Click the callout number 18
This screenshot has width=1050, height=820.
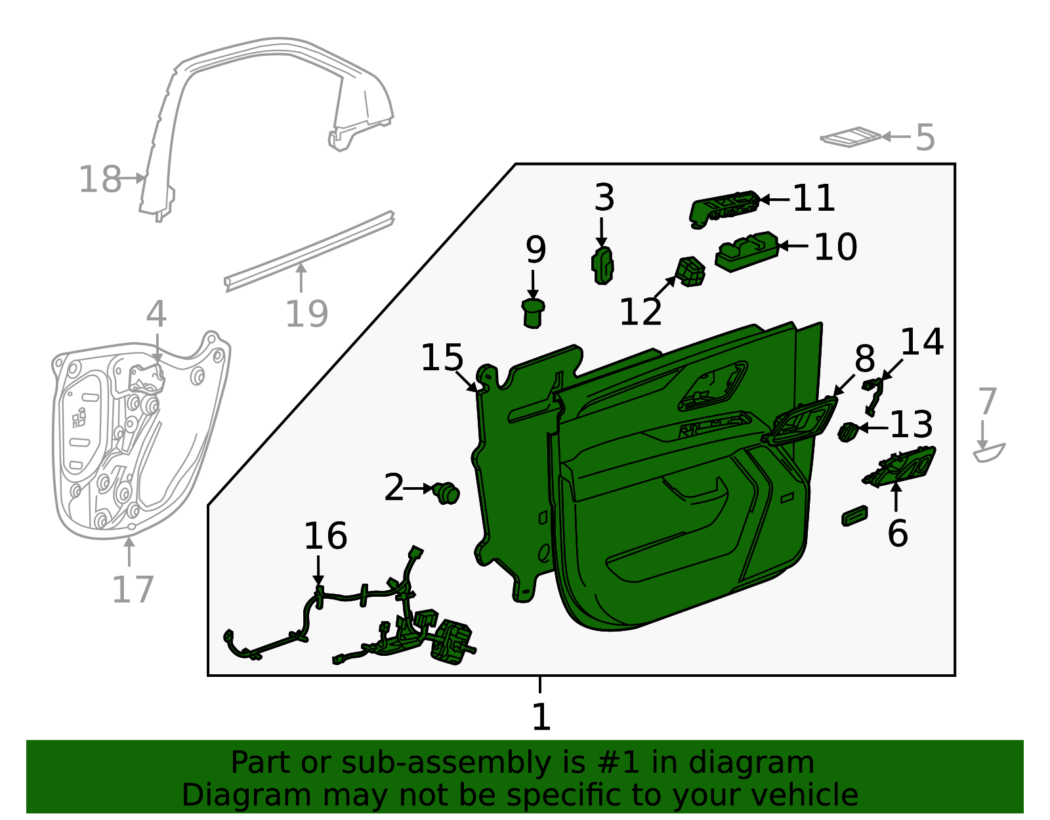pyautogui.click(x=100, y=179)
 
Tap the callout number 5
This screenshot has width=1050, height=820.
pyautogui.click(x=925, y=138)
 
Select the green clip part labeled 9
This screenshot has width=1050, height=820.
pyautogui.click(x=533, y=313)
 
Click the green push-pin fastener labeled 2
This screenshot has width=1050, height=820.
pyautogui.click(x=448, y=492)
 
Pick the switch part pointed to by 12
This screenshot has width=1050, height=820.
pyautogui.click(x=690, y=271)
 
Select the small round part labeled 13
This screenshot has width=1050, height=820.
pyautogui.click(x=848, y=432)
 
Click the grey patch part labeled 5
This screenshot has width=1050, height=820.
pyautogui.click(x=851, y=137)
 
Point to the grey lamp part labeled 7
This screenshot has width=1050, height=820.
pyautogui.click(x=988, y=452)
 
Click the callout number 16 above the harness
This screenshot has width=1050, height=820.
pyautogui.click(x=325, y=536)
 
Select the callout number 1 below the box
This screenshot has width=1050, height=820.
pyautogui.click(x=541, y=717)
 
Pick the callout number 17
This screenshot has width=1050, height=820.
pyautogui.click(x=133, y=589)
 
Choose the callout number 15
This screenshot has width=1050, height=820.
pyautogui.click(x=442, y=358)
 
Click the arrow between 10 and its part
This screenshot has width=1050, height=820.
pyautogui.click(x=794, y=246)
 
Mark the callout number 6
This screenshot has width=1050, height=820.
pyautogui.click(x=897, y=533)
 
